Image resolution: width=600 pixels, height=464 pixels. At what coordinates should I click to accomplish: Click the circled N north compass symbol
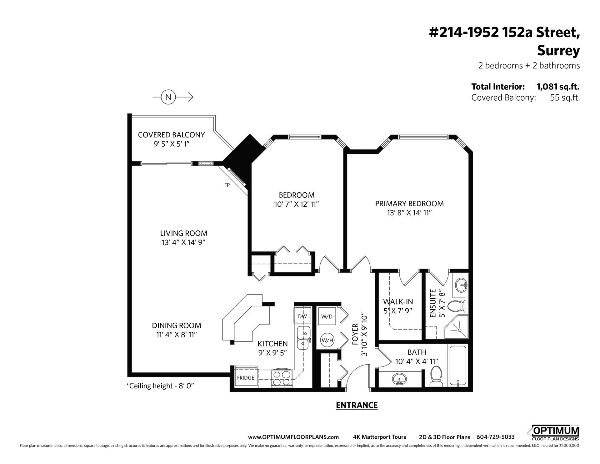click(168, 97)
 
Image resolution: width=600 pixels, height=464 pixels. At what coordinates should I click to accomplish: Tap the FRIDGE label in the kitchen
click(246, 378)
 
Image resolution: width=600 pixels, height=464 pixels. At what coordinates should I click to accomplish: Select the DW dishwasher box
click(302, 316)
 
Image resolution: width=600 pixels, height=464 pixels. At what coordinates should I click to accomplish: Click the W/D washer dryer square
click(327, 316)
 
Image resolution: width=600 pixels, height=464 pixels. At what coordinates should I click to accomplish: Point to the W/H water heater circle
click(327, 340)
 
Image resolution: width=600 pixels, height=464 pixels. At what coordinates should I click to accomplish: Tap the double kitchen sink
click(303, 338)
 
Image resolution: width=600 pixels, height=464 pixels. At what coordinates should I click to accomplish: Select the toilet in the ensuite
click(457, 307)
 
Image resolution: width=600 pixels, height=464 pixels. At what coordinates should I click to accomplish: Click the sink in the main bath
click(399, 380)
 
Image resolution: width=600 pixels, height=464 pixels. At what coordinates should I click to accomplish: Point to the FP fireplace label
click(227, 185)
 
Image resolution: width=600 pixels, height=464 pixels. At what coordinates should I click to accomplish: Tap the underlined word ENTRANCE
click(357, 405)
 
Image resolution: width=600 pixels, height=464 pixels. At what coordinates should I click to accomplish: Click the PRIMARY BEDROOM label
click(409, 204)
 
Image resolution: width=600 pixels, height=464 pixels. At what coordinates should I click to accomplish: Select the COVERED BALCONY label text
click(172, 135)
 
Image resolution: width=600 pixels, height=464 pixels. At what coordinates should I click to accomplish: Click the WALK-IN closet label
click(398, 302)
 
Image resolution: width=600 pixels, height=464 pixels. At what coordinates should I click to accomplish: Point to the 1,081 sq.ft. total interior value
click(558, 86)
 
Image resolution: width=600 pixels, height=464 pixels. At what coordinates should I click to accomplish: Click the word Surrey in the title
click(558, 51)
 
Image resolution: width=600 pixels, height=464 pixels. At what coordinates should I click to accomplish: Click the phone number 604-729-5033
click(495, 437)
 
